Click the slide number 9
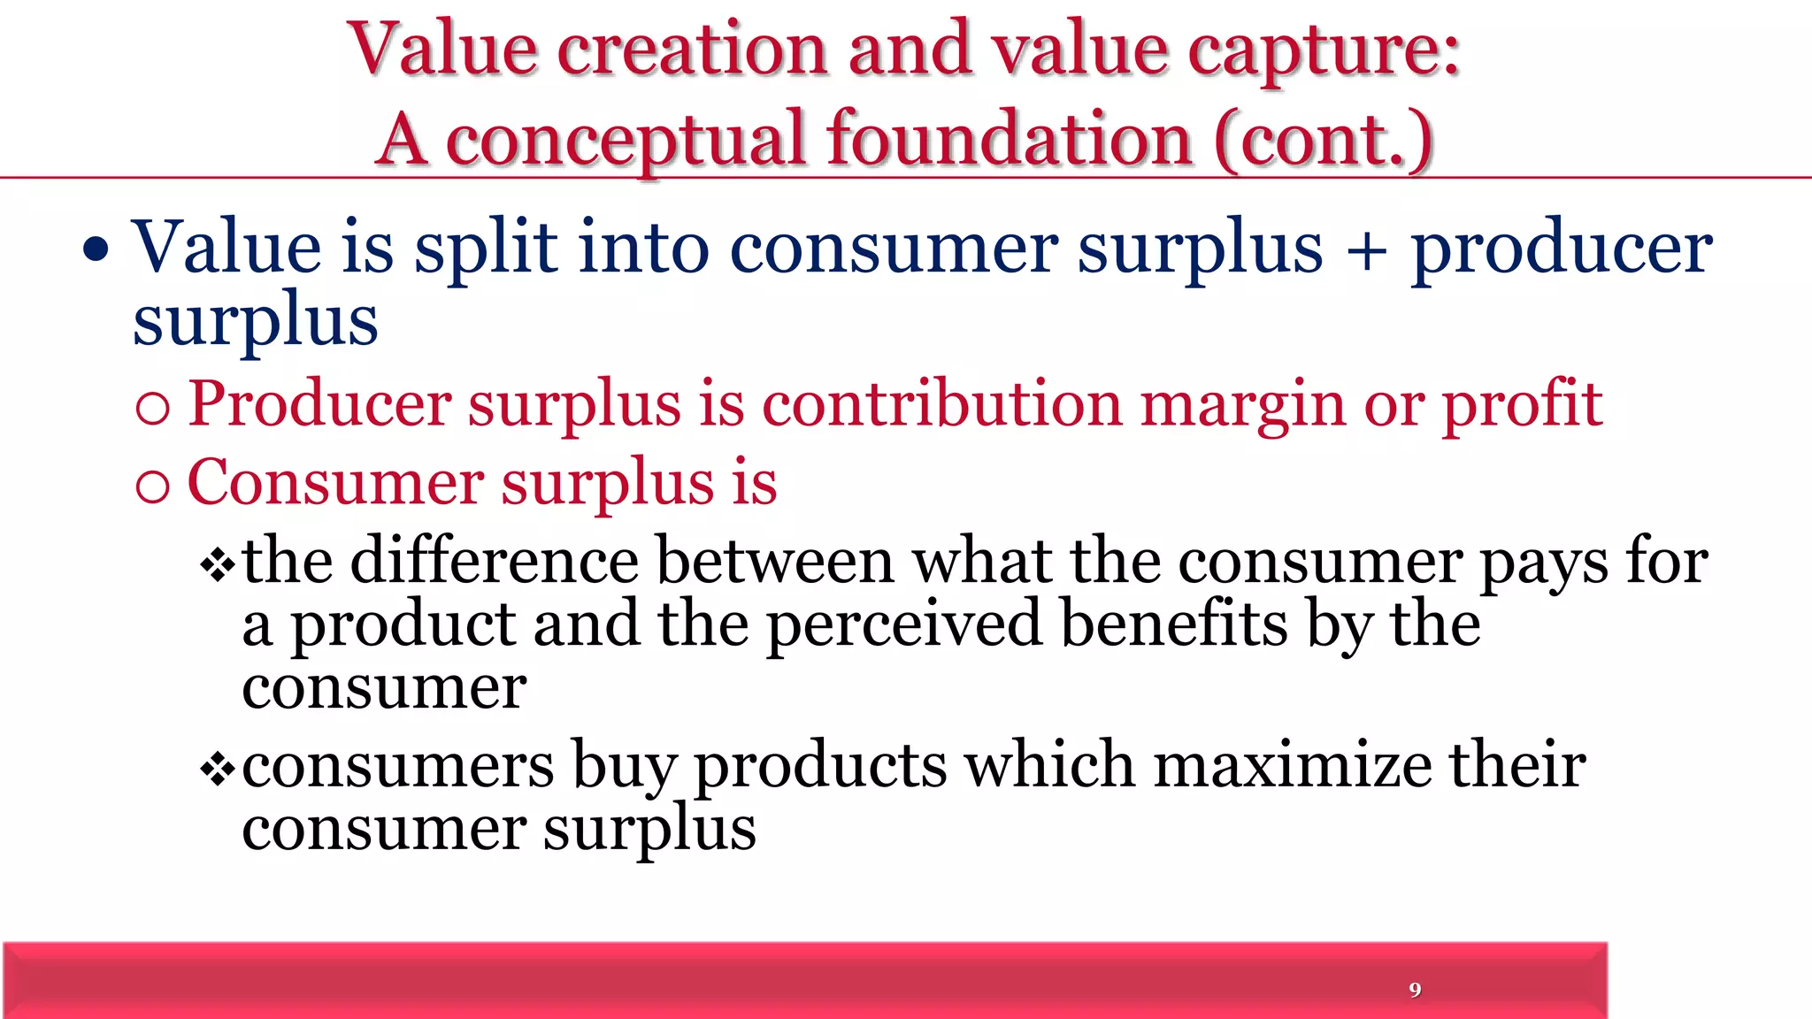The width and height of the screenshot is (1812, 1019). click(1415, 989)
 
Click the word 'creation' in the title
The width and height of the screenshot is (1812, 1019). click(692, 50)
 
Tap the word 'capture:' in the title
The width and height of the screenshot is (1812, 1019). click(1324, 51)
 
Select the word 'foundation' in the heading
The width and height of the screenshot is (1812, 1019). click(1010, 139)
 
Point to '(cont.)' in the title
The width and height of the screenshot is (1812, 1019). click(1324, 140)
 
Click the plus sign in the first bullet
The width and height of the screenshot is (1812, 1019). click(1367, 250)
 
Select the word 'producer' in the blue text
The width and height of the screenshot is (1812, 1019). click(1562, 250)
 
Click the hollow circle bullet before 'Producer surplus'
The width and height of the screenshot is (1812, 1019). click(153, 408)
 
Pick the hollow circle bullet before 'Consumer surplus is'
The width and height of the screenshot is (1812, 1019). click(153, 487)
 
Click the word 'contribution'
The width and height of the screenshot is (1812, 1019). click(942, 404)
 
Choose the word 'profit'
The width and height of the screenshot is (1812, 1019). click(1523, 405)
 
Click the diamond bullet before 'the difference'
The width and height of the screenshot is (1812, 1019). click(217, 564)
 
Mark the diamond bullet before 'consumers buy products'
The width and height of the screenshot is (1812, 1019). click(217, 768)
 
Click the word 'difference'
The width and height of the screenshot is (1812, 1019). click(495, 562)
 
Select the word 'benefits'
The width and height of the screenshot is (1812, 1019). click(1174, 624)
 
